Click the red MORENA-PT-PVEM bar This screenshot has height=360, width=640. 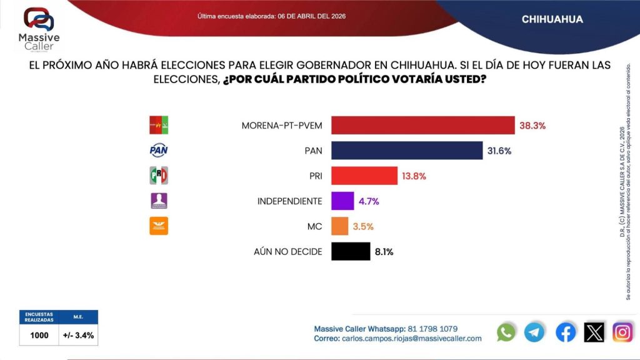[422, 126]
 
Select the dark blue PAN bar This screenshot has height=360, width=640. [407, 151]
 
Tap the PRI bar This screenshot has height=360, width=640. [364, 176]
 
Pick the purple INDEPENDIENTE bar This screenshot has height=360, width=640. [342, 201]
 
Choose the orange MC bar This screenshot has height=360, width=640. [339, 226]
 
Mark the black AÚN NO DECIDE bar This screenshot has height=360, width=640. [350, 251]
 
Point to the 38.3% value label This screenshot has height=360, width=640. [532, 126]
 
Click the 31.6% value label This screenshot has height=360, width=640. [501, 151]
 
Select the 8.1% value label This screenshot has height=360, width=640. [384, 251]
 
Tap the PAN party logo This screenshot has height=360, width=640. [159, 151]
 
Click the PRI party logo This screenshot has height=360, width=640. [159, 176]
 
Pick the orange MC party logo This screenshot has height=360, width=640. [159, 226]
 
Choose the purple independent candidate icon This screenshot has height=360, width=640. [159, 201]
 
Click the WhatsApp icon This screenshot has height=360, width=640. [506, 332]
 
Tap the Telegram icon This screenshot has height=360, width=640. [534, 332]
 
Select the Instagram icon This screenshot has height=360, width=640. [622, 332]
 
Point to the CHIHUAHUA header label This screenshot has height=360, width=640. [552, 19]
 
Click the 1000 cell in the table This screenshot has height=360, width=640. [39, 335]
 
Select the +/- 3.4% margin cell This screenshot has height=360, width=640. [79, 335]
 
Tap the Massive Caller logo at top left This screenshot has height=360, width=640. [39, 28]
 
